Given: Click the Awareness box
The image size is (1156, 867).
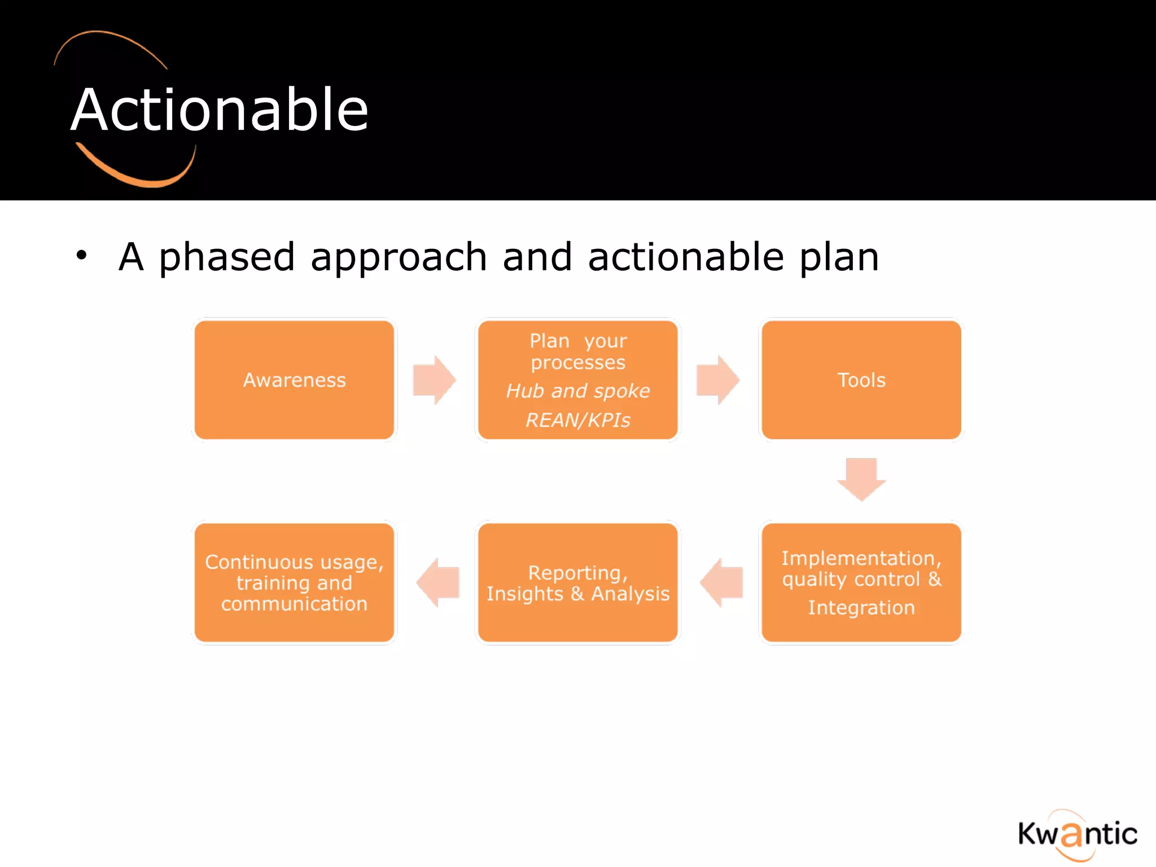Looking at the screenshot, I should click(x=294, y=380).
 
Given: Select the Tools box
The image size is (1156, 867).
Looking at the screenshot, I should click(x=861, y=380).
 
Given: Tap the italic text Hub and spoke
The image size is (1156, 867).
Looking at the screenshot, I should click(x=577, y=391).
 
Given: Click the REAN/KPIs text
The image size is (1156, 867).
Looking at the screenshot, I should click(x=577, y=420).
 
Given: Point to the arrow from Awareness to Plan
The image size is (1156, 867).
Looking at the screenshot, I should click(x=433, y=380).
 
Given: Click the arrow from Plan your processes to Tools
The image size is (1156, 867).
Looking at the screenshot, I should click(x=717, y=380).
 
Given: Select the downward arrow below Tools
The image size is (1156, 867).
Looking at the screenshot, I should click(x=861, y=479).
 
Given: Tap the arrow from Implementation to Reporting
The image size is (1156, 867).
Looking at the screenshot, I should click(x=722, y=582).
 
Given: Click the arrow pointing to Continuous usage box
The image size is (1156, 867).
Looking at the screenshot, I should click(x=439, y=582).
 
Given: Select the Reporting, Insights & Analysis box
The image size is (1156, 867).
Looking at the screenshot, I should click(x=577, y=583).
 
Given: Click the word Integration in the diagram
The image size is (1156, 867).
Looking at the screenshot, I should click(x=861, y=608).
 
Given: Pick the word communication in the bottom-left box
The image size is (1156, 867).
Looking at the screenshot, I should click(x=294, y=604).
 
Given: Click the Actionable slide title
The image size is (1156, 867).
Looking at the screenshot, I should click(x=220, y=110).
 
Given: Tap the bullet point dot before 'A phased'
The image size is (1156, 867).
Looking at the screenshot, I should click(x=82, y=255).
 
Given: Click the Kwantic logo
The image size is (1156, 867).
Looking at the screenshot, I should click(x=1077, y=834).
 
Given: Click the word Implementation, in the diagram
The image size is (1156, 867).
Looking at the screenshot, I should click(x=861, y=558).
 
